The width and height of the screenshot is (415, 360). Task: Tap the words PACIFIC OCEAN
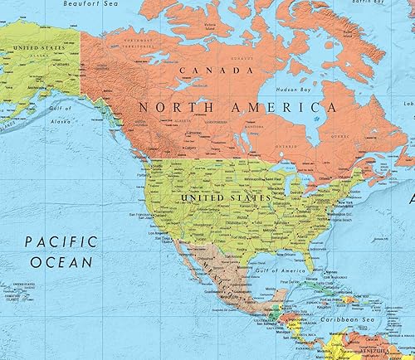[56, 252]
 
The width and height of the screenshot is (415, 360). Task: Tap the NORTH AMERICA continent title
[237, 107]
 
